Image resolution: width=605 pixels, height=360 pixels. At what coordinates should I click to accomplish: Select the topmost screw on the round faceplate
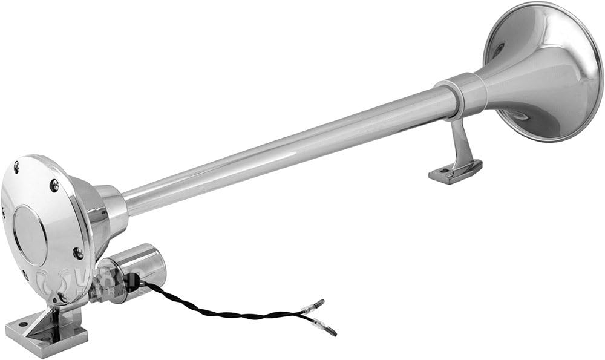pos(17,164)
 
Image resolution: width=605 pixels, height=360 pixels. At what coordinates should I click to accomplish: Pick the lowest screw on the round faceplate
pos(61,298)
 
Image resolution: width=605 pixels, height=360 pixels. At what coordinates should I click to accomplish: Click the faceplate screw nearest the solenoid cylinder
pos(78,252)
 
